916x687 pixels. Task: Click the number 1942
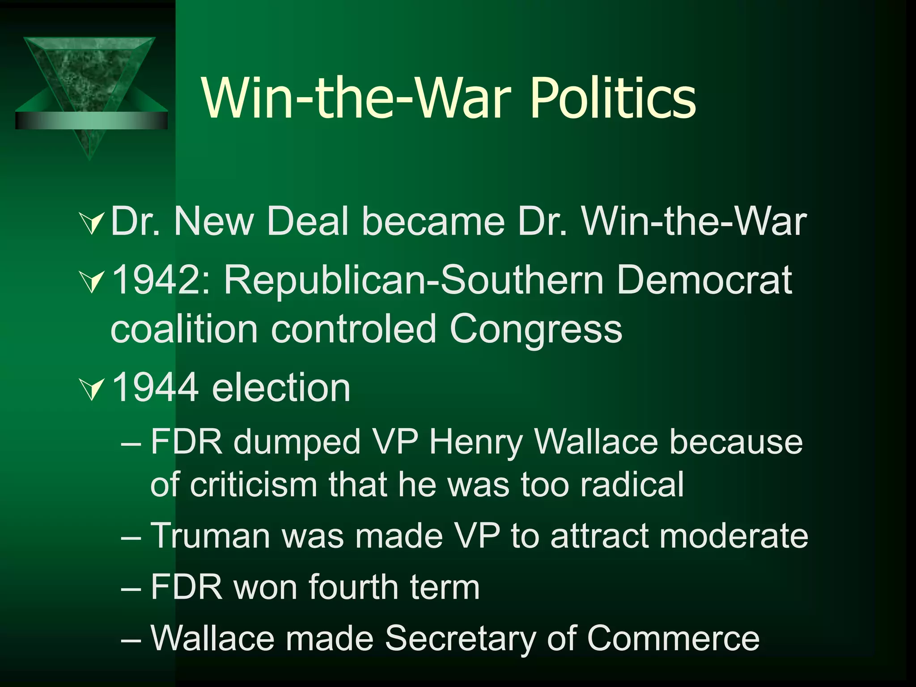click(155, 281)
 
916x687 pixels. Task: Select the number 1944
click(155, 387)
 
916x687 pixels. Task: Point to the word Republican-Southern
click(414, 281)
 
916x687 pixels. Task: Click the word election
click(281, 387)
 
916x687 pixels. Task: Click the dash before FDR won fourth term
click(131, 587)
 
